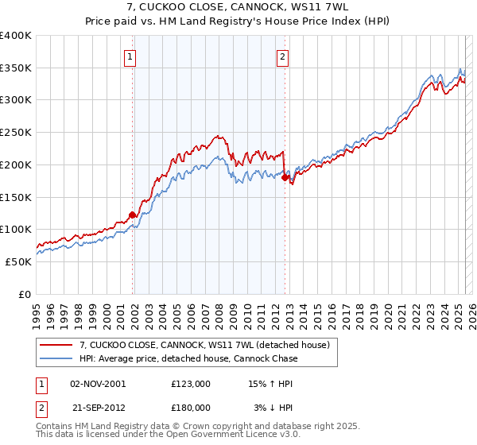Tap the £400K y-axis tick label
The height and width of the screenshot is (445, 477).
point(16,36)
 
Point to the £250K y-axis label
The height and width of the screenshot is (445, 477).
point(16,132)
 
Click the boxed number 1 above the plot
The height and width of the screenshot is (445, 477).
point(129,56)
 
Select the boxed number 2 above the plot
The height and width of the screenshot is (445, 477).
point(283,56)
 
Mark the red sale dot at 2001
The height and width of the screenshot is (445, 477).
point(132,215)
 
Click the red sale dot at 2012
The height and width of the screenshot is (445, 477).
point(285,177)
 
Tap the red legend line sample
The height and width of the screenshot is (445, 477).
point(56,344)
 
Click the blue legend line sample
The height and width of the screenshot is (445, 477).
point(56,358)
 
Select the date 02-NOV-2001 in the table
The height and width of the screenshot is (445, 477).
point(99,383)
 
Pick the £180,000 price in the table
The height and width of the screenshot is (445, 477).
point(191,407)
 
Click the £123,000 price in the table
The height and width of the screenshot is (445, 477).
point(191,383)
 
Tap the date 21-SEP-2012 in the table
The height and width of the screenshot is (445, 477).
point(99,407)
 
